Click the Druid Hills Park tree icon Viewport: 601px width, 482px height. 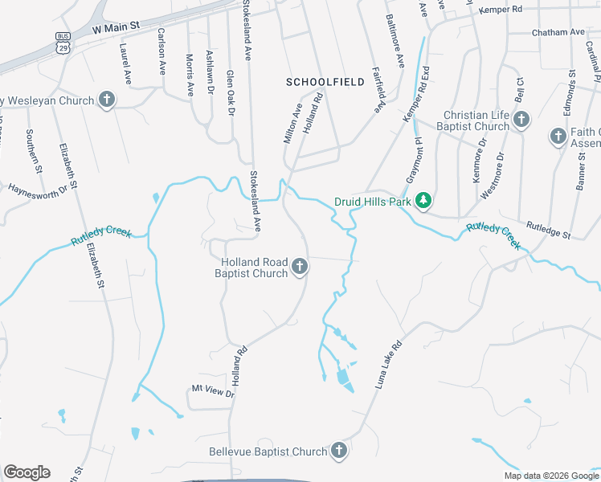(423, 200)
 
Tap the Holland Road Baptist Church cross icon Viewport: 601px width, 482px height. (300, 267)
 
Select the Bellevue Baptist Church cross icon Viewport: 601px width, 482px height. (338, 451)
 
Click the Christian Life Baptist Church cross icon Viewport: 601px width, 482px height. (521, 120)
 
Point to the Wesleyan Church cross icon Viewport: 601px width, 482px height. (105, 100)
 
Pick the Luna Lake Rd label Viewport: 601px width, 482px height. (388, 364)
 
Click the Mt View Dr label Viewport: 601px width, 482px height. (212, 391)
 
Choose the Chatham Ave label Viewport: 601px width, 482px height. (558, 32)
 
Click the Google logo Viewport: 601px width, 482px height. (27, 472)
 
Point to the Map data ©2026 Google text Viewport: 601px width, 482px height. (551, 476)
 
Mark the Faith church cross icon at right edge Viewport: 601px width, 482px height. (558, 137)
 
